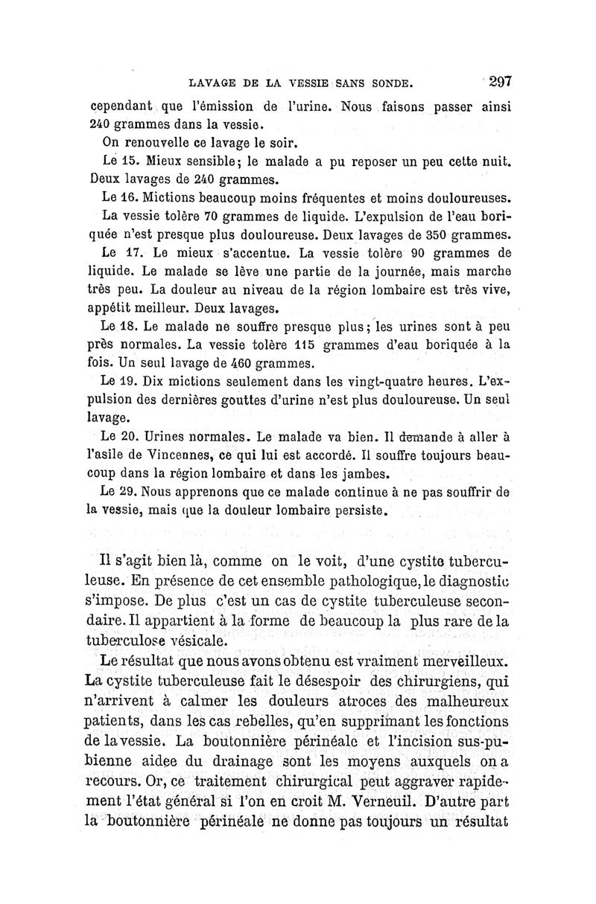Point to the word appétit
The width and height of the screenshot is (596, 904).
pos(112,308)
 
